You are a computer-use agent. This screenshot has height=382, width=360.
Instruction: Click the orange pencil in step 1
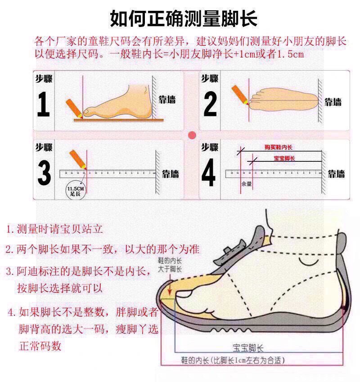point(74,108)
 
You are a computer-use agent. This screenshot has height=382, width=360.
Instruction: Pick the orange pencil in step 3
point(76,160)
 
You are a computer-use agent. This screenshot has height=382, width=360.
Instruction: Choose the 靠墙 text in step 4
point(336,173)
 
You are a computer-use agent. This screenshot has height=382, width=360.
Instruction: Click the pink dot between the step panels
point(192,135)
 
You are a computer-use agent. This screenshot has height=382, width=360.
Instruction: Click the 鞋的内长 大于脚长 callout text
point(170,265)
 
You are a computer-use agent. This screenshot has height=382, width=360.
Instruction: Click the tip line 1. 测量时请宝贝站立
point(55,229)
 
